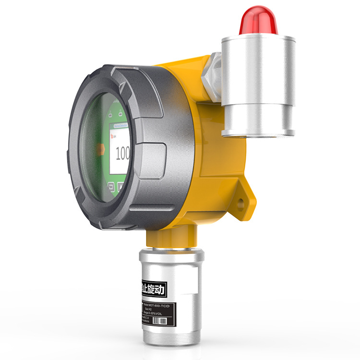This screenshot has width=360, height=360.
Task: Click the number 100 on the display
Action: pos(123,154)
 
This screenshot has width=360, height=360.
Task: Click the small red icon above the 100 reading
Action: pos(113,137)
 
